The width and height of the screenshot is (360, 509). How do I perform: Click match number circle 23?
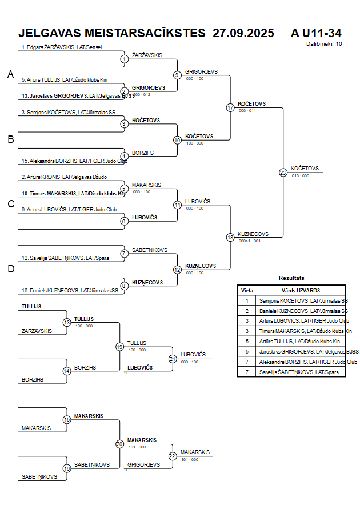[x=283, y=172]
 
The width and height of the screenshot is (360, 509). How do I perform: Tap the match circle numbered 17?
[x=230, y=107]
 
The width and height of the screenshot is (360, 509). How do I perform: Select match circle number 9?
[x=177, y=75]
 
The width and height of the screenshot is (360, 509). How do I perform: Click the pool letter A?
[x=10, y=74]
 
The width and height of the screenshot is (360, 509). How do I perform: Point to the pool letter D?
[x=10, y=269]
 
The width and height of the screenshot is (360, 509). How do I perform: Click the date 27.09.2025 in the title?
[x=243, y=33]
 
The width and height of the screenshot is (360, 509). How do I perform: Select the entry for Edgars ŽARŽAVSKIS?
[x=65, y=47]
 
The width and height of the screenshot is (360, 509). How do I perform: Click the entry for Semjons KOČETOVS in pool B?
[x=68, y=113]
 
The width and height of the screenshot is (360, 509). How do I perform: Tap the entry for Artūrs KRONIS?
[x=64, y=177]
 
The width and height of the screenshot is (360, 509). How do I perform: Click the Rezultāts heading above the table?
[x=291, y=278]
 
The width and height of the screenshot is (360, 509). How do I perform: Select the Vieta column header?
[x=247, y=290]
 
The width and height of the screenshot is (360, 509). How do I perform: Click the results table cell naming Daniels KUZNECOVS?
[x=303, y=311]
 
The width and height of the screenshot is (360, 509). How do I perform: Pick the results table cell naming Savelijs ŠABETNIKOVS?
[x=299, y=372]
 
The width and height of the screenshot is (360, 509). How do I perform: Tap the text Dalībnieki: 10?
[x=324, y=43]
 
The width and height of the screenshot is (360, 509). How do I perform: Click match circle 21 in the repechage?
[x=173, y=359]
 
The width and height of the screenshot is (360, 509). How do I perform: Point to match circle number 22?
[x=173, y=456]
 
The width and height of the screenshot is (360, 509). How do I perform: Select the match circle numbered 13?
[x=66, y=323]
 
